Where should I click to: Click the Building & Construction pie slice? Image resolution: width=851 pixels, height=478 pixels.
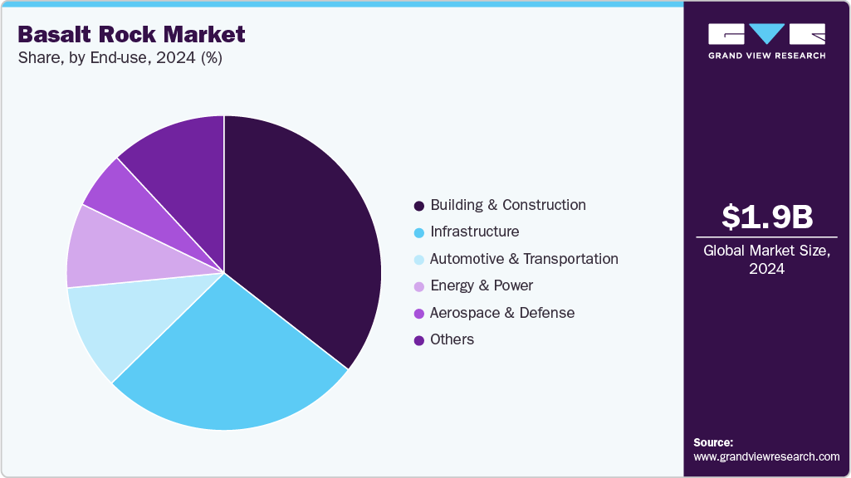(307, 232)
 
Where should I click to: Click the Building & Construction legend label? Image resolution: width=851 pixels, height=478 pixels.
(507, 205)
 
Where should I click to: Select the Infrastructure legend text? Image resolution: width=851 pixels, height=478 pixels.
(474, 232)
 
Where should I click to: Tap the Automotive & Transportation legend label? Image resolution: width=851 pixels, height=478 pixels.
(524, 259)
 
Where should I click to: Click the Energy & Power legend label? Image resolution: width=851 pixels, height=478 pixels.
(482, 285)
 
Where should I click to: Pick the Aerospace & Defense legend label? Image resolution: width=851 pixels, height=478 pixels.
(502, 313)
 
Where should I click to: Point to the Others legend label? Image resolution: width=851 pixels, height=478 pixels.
(452, 339)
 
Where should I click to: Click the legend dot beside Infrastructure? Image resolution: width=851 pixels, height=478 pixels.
(419, 232)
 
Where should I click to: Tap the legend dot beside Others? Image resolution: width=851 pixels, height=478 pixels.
(419, 340)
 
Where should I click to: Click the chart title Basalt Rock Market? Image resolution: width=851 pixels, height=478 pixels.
(131, 34)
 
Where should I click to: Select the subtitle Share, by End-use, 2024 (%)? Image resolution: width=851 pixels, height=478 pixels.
(120, 58)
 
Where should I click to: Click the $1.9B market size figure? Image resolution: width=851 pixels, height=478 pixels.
(766, 217)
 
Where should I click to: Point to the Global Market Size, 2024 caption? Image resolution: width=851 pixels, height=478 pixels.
(766, 259)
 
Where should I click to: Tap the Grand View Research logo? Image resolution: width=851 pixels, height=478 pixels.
(766, 41)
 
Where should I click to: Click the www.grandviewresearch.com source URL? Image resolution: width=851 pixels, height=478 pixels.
(766, 456)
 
